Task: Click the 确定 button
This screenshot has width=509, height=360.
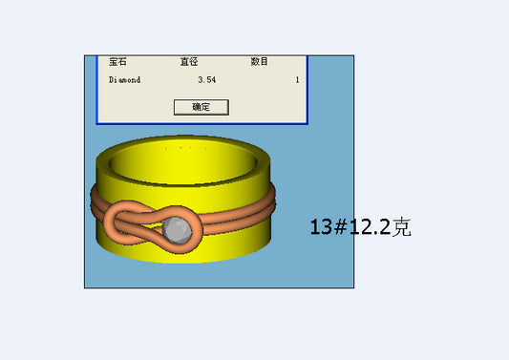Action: pos(201,107)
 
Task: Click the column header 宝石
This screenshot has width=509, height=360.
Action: pos(117,61)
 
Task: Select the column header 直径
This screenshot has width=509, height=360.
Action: pos(189,61)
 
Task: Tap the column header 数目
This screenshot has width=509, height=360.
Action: pos(259,61)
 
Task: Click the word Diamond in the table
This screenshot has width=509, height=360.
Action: pos(125,80)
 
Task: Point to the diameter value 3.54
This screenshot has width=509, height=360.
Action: pos(207,80)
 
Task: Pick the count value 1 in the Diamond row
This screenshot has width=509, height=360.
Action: pos(297,80)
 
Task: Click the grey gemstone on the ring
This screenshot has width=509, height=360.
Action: pos(177,230)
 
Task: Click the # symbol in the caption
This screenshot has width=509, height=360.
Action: pos(341,226)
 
